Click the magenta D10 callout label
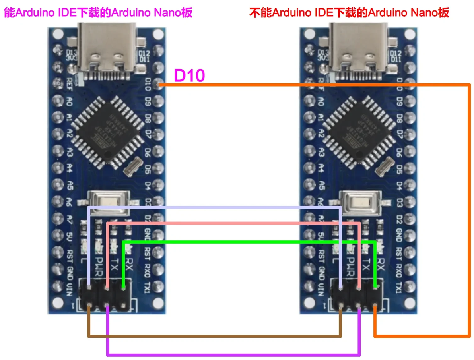point(189,76)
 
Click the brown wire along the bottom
point(215,337)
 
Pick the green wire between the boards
point(247,242)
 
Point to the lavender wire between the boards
point(215,207)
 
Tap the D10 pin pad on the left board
point(159,84)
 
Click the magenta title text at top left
point(98,12)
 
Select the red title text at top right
point(349,12)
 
